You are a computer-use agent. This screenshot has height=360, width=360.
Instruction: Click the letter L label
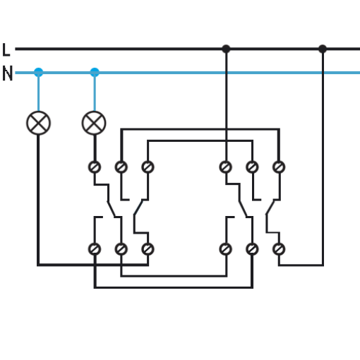[x=6, y=49]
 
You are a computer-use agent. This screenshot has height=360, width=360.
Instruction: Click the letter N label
[x=7, y=73]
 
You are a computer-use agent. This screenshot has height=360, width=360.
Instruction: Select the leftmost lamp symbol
[x=38, y=123]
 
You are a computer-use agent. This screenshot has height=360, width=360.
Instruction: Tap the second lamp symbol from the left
[x=94, y=123]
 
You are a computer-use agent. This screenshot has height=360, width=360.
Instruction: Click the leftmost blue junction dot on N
[x=39, y=72]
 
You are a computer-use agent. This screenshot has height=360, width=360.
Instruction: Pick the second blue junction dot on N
[x=95, y=72]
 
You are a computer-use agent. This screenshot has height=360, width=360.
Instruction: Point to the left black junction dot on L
[x=226, y=49]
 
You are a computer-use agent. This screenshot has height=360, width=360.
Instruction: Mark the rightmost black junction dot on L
[x=323, y=49]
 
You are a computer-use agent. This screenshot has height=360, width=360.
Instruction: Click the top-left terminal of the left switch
[x=95, y=167]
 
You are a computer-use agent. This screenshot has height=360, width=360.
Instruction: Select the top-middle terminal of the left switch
[x=121, y=167]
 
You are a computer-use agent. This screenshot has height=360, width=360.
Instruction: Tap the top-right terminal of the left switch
[x=148, y=167]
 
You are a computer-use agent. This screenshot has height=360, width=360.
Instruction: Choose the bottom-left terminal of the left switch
[x=95, y=249]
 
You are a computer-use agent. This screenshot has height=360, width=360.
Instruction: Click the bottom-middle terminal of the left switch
[x=121, y=249]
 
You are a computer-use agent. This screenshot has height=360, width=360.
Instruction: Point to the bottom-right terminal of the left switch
[x=148, y=249]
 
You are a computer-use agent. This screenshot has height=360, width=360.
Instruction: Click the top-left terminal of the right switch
[x=226, y=167]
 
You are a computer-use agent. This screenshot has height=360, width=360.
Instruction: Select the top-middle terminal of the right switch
[x=252, y=167]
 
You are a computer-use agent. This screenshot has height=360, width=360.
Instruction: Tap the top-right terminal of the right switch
[x=279, y=167]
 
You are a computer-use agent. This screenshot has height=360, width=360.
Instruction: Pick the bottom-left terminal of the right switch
[x=226, y=249]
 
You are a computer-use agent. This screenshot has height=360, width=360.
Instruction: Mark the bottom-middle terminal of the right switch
[x=252, y=249]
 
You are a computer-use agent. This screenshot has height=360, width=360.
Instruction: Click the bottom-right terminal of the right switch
[x=279, y=249]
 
